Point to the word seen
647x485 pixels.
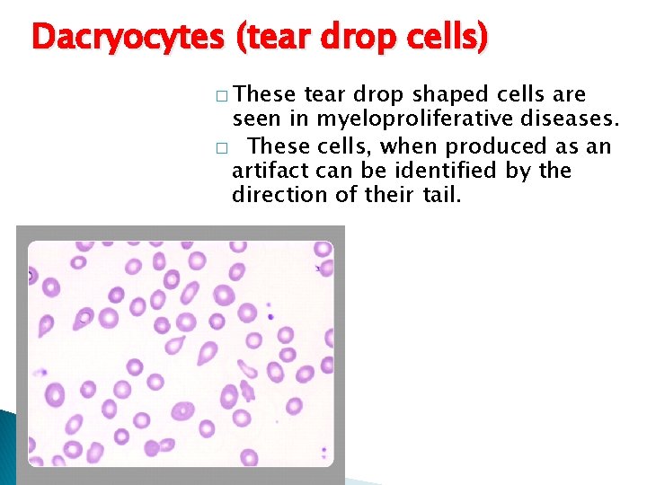tap(255, 120)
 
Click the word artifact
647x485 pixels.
tap(266, 171)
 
